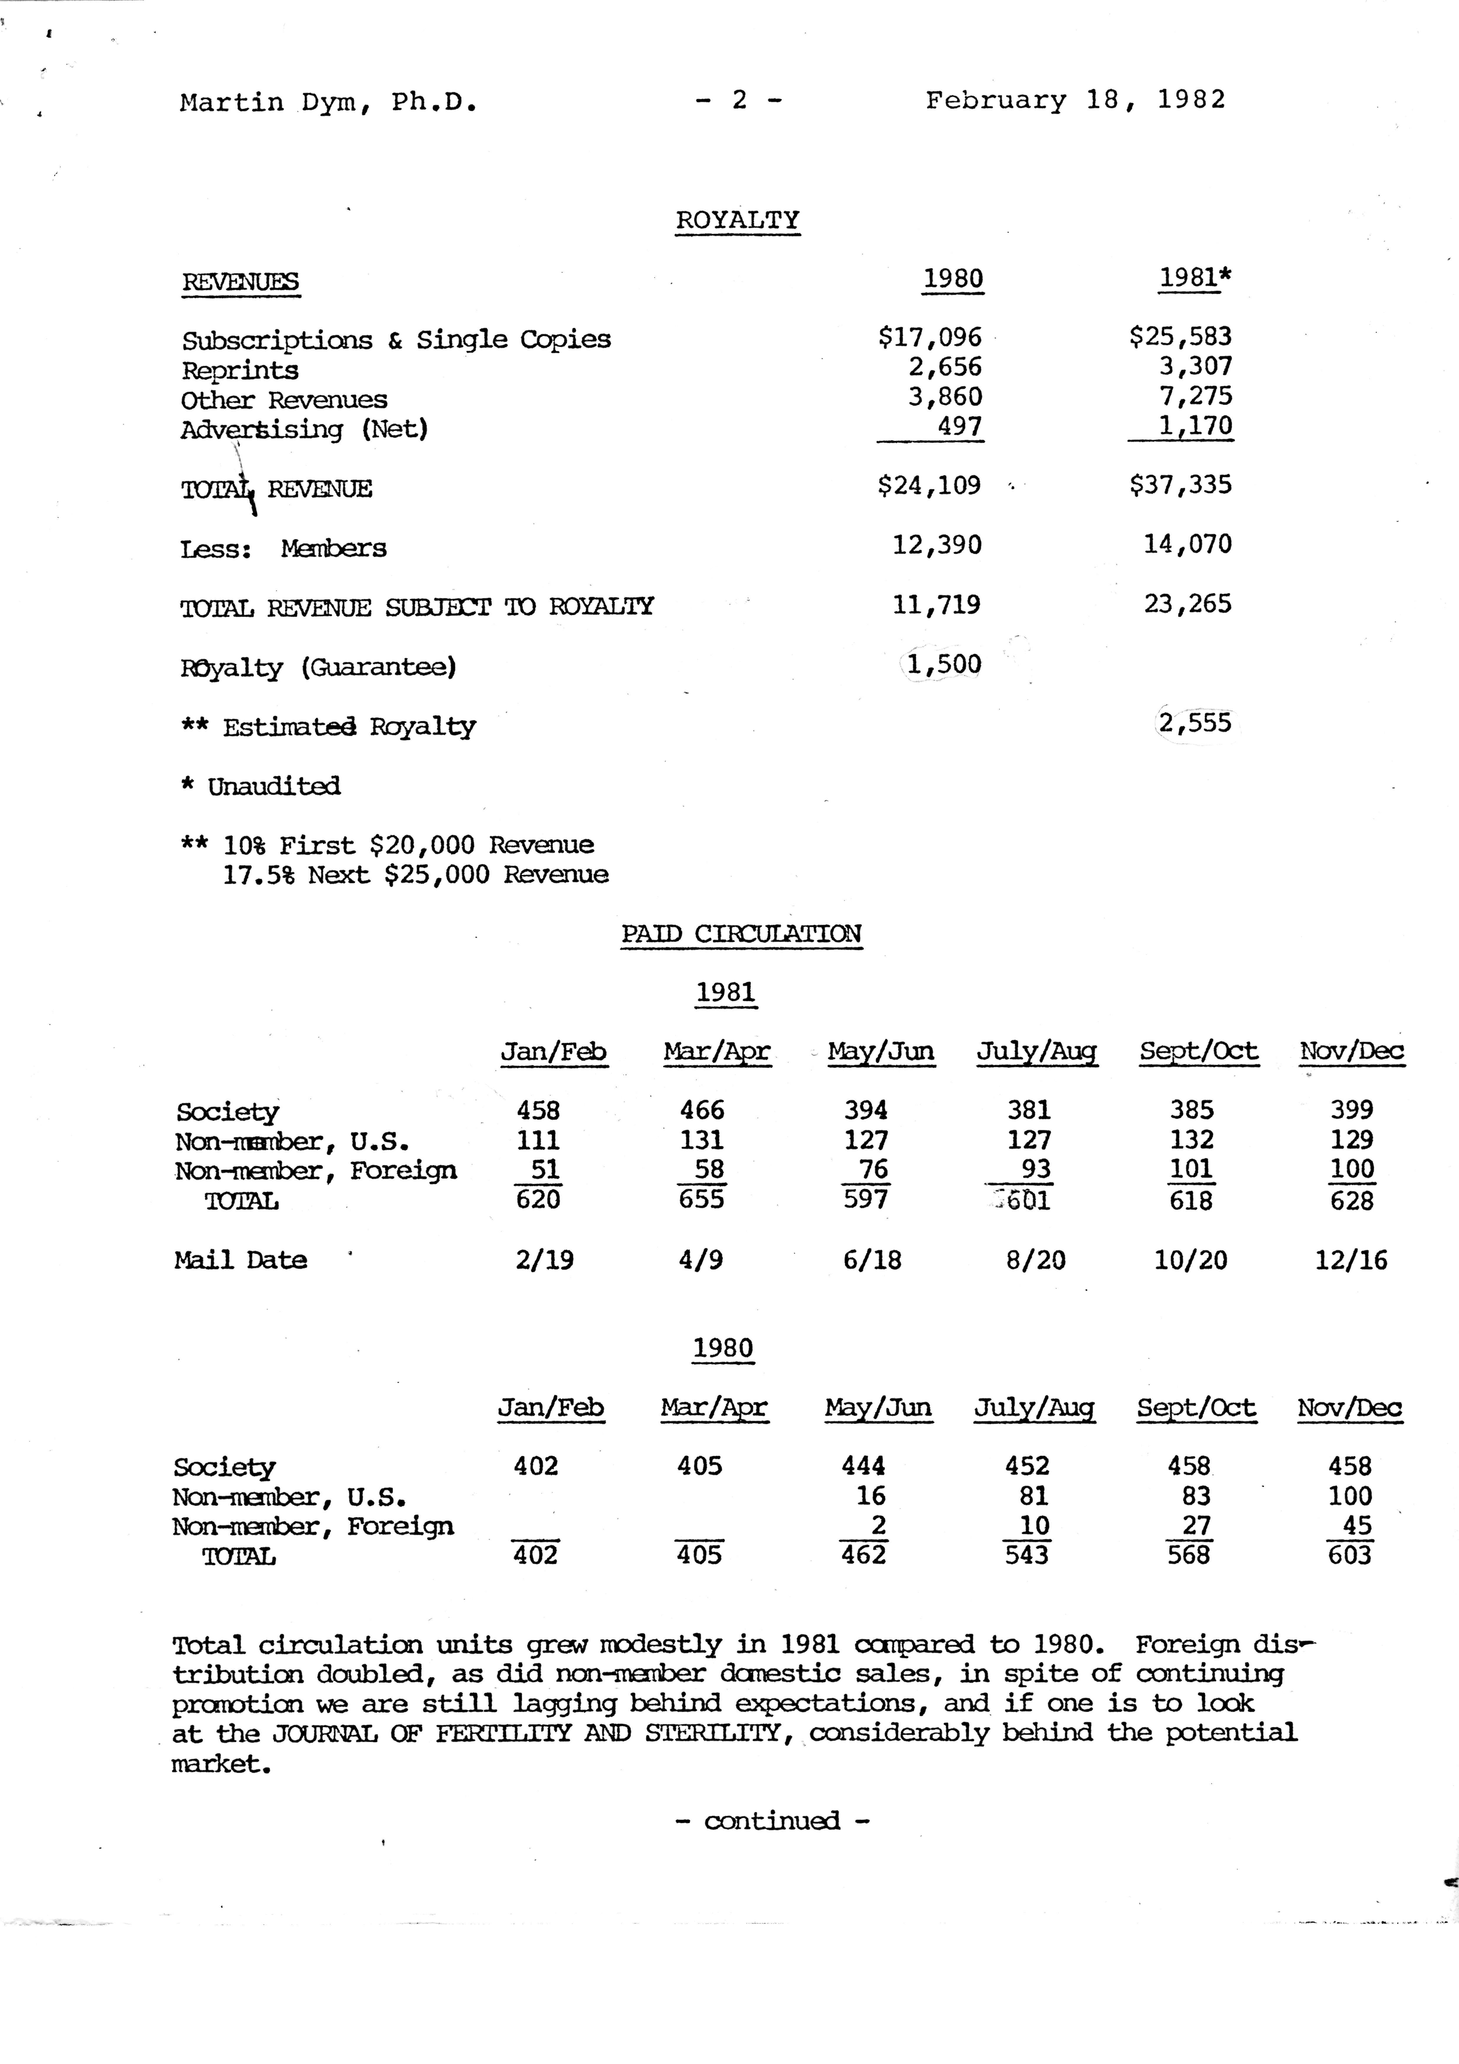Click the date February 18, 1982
tap(1075, 100)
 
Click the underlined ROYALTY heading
tap(737, 220)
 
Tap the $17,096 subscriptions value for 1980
tap(931, 337)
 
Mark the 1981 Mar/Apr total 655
tap(701, 1199)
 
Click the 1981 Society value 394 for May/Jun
tap(866, 1110)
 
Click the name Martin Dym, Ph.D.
tap(328, 103)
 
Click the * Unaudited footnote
tap(261, 786)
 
